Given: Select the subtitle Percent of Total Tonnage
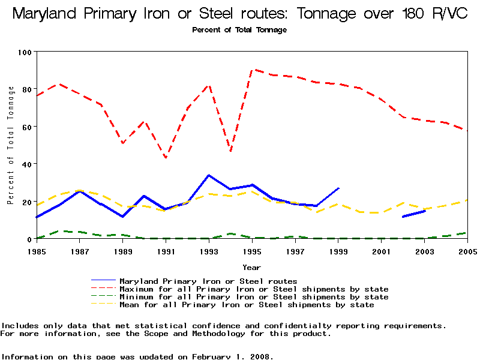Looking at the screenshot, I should pyautogui.click(x=239, y=29).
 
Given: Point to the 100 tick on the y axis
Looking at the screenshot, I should pyautogui.click(x=25, y=52).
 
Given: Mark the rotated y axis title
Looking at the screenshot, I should pyautogui.click(x=11, y=145).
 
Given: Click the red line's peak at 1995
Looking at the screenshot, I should pyautogui.click(x=253, y=70).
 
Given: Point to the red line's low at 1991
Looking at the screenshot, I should pyautogui.click(x=166, y=158).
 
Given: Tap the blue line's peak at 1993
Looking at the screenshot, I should pyautogui.click(x=209, y=175).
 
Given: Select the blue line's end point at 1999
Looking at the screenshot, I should pyautogui.click(x=339, y=188).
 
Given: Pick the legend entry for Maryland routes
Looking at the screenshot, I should pyautogui.click(x=208, y=281).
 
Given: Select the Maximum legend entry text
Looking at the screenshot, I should pyautogui.click(x=254, y=289).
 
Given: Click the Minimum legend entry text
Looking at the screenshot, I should pyautogui.click(x=254, y=297).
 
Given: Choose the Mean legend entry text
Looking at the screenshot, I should pyautogui.click(x=247, y=305).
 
